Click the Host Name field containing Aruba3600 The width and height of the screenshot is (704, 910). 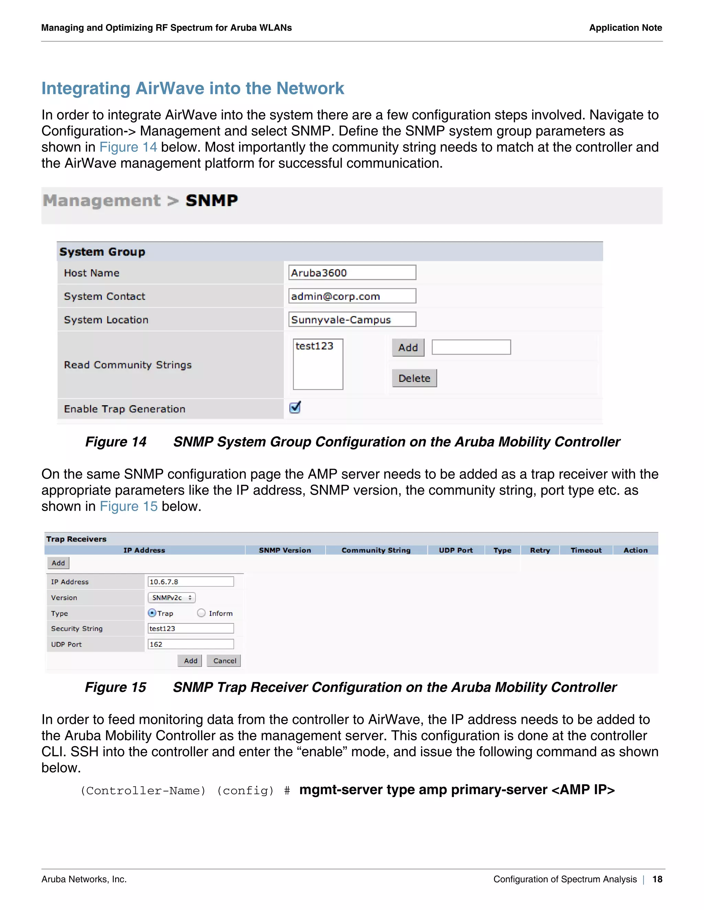pos(352,273)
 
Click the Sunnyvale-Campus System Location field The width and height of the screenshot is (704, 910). pos(352,320)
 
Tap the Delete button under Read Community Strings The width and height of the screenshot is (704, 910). pos(414,378)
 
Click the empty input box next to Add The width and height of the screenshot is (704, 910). pos(471,347)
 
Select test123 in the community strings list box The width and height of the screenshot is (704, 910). pos(315,346)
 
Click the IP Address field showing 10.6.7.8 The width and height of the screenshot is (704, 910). pos(190,582)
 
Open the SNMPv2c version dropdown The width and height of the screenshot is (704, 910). pos(172,598)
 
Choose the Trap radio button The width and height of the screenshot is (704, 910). pos(152,613)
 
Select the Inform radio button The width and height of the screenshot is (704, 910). pos(201,613)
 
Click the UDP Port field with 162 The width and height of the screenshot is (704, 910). pos(190,644)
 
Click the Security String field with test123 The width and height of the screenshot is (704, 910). pos(190,628)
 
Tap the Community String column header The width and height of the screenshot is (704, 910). pos(376,550)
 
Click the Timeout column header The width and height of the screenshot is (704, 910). pos(586,550)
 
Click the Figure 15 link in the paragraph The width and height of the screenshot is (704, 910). pos(129,506)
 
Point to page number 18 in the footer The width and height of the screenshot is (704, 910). pos(657,879)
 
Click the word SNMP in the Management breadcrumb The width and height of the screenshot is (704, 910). pos(211,201)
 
